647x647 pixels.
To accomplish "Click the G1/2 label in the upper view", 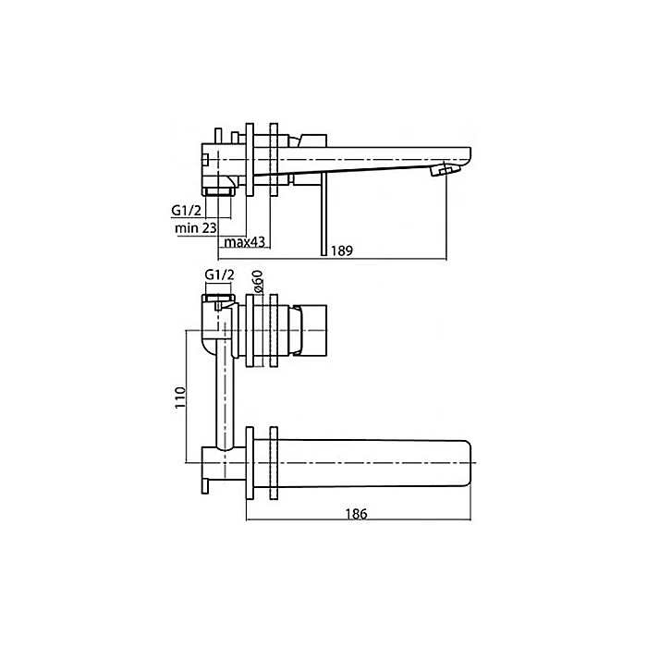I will pos(187,210).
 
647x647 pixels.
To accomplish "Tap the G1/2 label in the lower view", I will pos(218,275).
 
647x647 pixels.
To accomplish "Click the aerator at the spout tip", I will pos(447,171).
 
